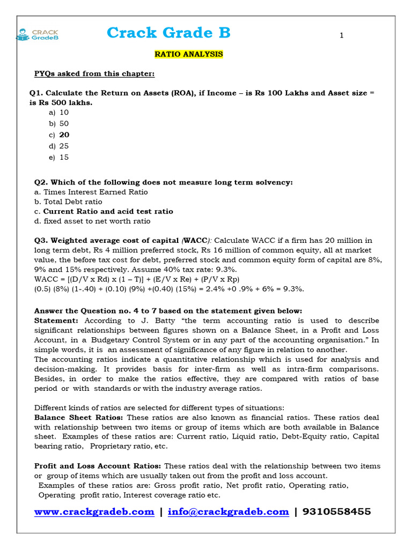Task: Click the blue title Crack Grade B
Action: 168,33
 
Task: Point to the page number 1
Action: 342,36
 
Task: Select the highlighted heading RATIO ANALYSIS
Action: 188,55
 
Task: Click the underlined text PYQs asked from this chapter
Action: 94,73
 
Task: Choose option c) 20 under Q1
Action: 59,135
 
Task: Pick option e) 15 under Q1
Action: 58,158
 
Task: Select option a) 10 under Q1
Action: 58,113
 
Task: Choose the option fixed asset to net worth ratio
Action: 97,221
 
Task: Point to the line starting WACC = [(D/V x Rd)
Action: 137,279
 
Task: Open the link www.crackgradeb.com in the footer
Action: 94,512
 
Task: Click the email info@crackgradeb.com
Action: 228,512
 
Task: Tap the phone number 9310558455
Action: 336,512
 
